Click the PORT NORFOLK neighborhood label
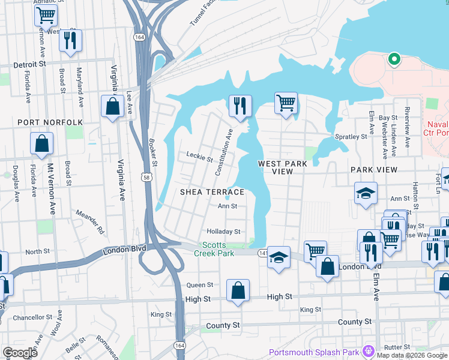(50, 122)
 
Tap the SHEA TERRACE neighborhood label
(212, 192)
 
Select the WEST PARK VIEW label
(283, 167)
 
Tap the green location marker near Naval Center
(394, 59)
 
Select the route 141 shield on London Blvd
(262, 254)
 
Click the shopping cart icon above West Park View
(286, 102)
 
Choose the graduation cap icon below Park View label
(366, 193)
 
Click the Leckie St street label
(200, 158)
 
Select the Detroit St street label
(29, 64)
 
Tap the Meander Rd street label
(90, 221)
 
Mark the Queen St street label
(200, 285)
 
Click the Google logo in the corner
(20, 352)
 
